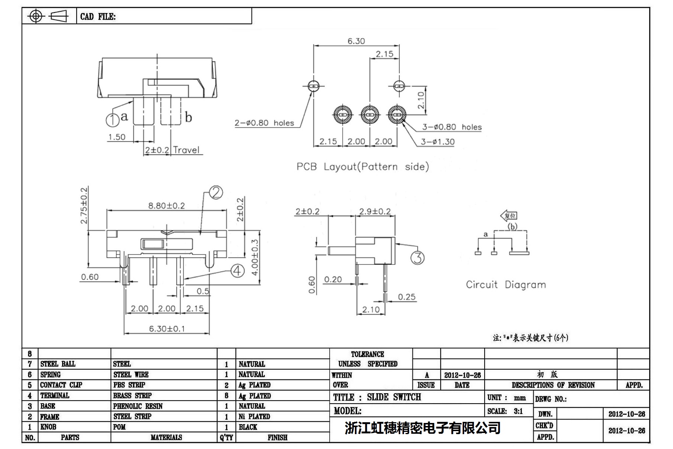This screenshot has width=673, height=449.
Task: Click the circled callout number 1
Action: tap(112, 120)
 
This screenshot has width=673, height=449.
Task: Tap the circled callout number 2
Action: tap(216, 192)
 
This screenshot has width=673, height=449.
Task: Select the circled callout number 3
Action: tap(417, 258)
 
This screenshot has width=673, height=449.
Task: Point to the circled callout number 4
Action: tap(238, 271)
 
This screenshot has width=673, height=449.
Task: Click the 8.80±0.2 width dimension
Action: tap(166, 206)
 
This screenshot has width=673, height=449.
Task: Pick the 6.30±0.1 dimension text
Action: tap(167, 329)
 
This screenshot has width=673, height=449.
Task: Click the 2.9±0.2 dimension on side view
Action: tap(375, 212)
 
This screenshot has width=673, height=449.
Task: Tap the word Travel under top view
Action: tap(186, 150)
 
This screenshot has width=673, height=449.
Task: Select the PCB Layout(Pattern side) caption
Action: tap(363, 167)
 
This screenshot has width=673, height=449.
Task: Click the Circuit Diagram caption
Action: tap(506, 285)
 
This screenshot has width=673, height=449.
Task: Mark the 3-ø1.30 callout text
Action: tap(437, 142)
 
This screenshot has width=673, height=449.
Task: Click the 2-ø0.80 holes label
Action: tap(264, 123)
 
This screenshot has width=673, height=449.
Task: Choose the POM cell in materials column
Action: tap(119, 427)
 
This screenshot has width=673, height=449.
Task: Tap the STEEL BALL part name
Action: tap(58, 364)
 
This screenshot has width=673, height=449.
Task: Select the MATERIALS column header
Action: tap(166, 437)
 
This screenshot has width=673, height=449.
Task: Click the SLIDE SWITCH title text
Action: tap(394, 397)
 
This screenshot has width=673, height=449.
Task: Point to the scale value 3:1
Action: tap(518, 411)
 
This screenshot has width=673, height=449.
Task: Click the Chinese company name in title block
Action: tap(423, 428)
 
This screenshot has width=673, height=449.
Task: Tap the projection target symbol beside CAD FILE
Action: tap(36, 16)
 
